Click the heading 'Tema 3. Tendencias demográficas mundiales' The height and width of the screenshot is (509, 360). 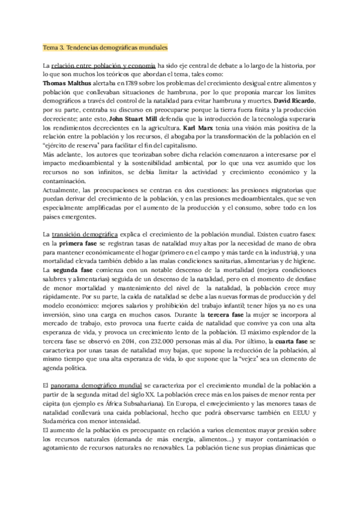pyautogui.click(x=106, y=47)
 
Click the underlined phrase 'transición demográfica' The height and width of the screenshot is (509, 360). pyautogui.click(x=85, y=233)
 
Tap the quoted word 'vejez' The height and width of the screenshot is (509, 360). pyautogui.click(x=244, y=359)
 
